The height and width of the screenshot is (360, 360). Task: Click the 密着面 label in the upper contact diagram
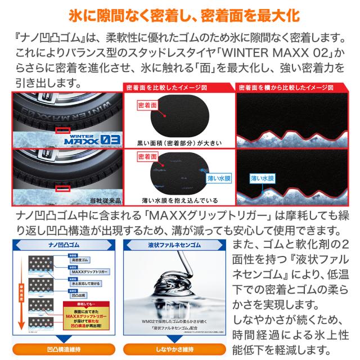coord(148,105)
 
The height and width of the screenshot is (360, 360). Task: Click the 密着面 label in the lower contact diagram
coord(148,159)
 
